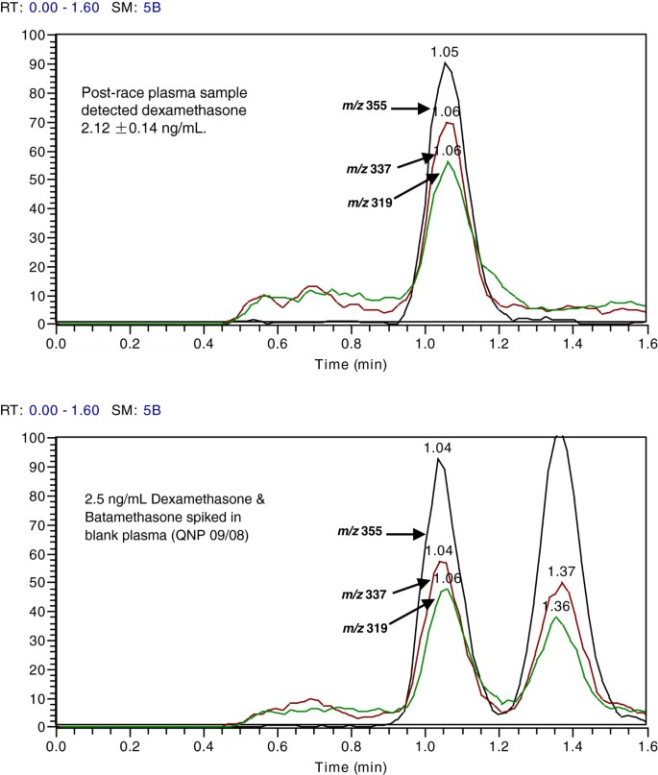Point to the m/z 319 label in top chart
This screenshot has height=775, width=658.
point(367,204)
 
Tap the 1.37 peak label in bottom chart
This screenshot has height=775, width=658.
point(561,572)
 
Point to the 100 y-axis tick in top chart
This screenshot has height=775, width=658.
point(35,36)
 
